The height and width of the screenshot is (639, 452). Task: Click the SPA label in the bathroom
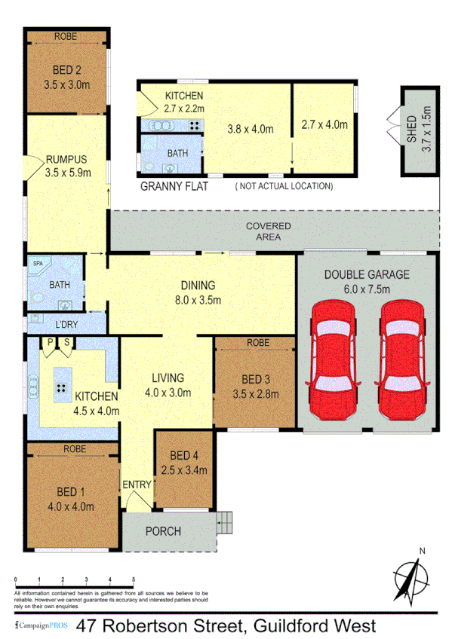click(x=36, y=264)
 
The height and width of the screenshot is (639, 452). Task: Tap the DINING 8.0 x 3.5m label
click(x=198, y=292)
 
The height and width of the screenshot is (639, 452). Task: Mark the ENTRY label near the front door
click(x=137, y=484)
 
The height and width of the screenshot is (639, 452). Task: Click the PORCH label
click(x=162, y=531)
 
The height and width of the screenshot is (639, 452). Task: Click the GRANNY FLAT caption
click(x=174, y=185)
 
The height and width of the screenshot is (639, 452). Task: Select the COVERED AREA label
click(x=268, y=231)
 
